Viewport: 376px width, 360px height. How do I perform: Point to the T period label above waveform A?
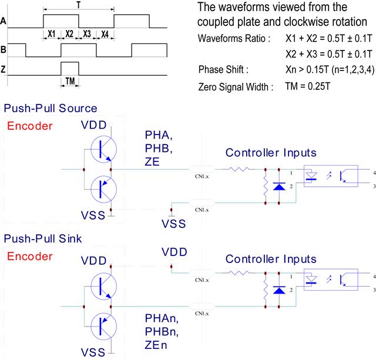pos(79,4)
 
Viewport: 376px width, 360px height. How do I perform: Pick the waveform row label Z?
pos(4,69)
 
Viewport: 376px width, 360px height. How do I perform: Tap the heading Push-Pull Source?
pos(51,109)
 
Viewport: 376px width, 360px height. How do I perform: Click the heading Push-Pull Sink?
pos(45,240)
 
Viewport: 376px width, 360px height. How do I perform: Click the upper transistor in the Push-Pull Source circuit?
pos(103,149)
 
